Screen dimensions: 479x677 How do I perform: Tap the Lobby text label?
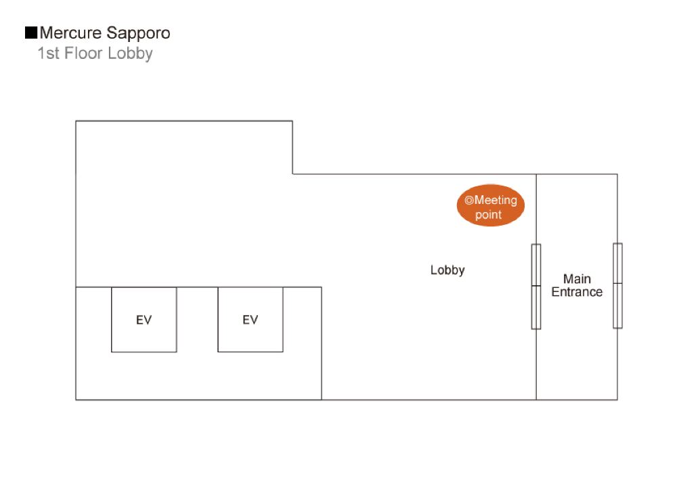(447, 270)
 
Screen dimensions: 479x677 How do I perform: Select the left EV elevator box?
(144, 319)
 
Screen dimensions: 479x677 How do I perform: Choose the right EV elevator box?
(250, 319)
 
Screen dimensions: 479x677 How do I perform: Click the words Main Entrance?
(577, 285)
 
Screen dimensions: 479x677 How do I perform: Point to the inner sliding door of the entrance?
(536, 286)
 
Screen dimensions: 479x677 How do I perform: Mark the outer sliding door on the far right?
(617, 285)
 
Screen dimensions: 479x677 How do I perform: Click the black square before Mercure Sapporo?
(30, 33)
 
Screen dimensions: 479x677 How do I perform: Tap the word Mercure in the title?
(70, 33)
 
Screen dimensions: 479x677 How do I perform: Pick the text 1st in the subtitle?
(49, 54)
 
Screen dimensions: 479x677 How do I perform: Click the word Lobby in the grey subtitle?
(130, 54)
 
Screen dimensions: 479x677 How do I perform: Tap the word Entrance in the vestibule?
(577, 292)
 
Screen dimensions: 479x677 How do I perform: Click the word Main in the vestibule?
(577, 278)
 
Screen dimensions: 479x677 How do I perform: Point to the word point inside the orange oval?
(488, 215)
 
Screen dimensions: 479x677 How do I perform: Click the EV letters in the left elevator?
(144, 320)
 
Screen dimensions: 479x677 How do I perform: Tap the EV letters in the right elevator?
(250, 320)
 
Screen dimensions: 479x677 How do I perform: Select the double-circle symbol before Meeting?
(468, 201)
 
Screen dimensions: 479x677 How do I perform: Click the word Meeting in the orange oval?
(496, 201)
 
